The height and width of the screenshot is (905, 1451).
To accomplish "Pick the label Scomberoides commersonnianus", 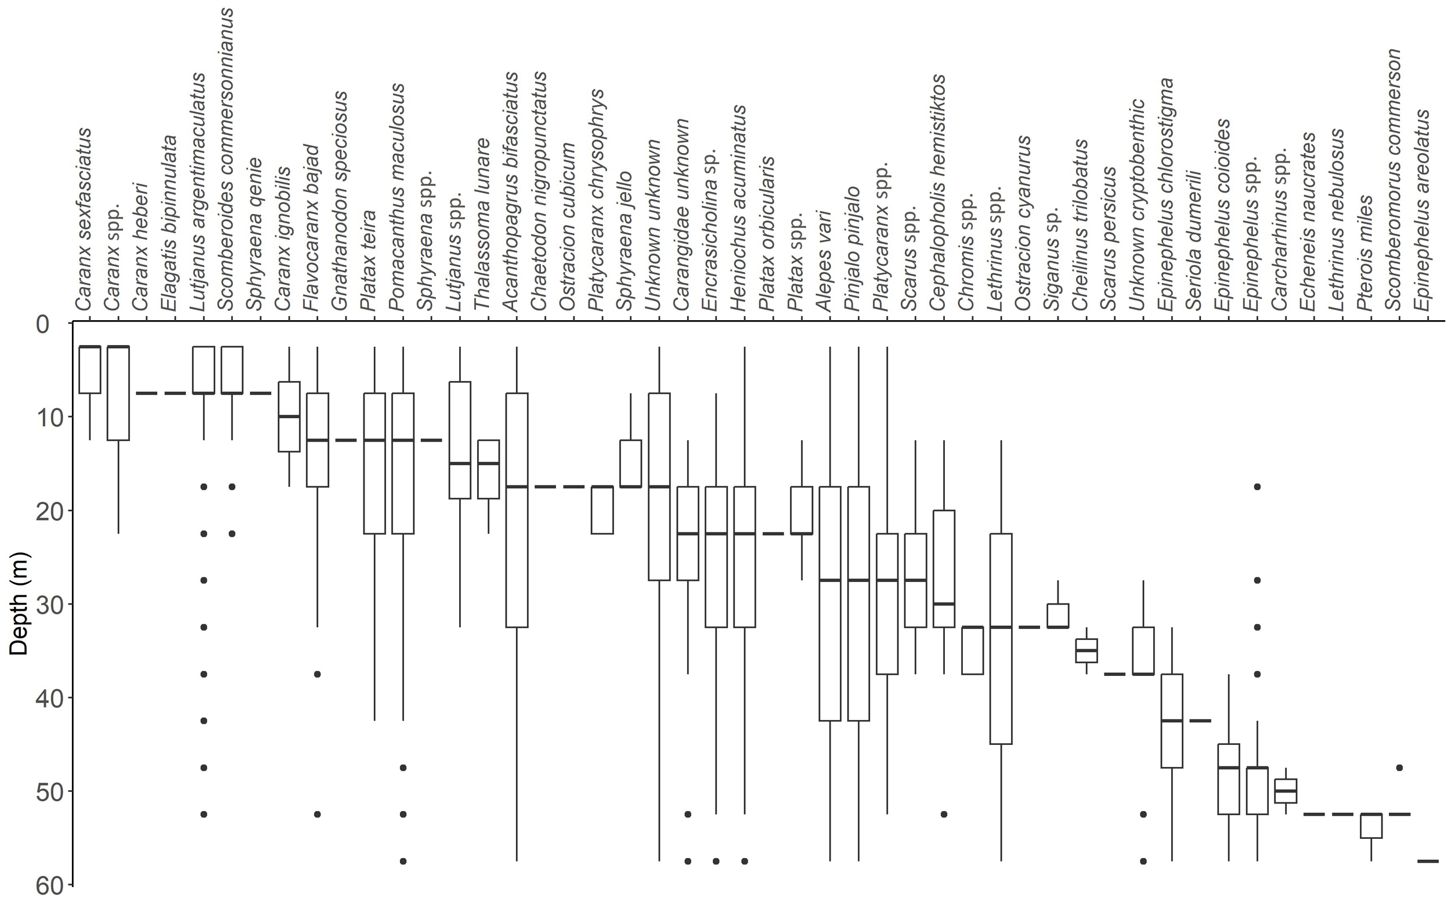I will point(226,158).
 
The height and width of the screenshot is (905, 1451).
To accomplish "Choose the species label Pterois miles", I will point(1365,252).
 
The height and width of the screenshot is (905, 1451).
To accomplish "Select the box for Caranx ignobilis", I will point(289,417).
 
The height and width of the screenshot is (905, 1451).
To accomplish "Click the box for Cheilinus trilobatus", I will point(1087,651).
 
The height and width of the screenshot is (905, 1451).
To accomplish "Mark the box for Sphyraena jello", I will point(630,464).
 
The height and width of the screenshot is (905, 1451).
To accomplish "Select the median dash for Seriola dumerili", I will point(1200,721).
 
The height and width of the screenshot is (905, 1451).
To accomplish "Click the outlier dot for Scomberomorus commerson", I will point(1399,768).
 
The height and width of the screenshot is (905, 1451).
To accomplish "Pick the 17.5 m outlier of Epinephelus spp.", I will point(1257,487).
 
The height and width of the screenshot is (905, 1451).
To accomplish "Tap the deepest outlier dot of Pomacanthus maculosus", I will point(403,861).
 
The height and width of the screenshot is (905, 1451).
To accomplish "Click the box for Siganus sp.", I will point(1057,616).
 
